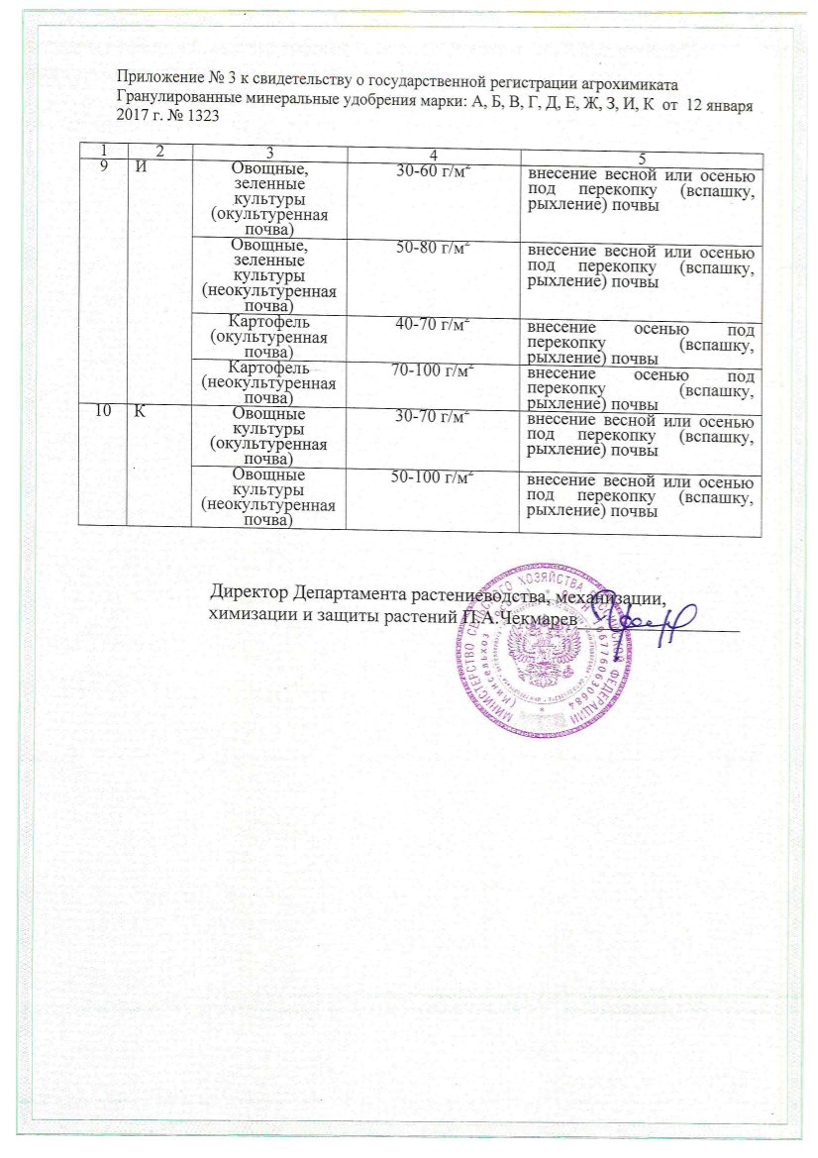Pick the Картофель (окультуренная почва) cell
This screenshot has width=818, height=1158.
[268, 338]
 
